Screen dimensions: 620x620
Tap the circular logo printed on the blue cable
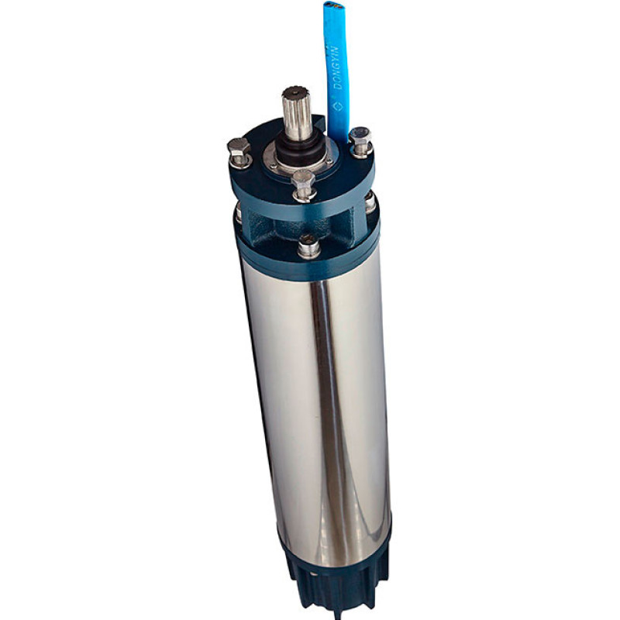[338, 106]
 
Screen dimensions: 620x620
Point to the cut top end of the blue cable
[333, 5]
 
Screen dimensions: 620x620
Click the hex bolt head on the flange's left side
[239, 147]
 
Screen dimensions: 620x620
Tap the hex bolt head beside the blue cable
[360, 136]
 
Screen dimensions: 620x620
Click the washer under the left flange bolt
[240, 161]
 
